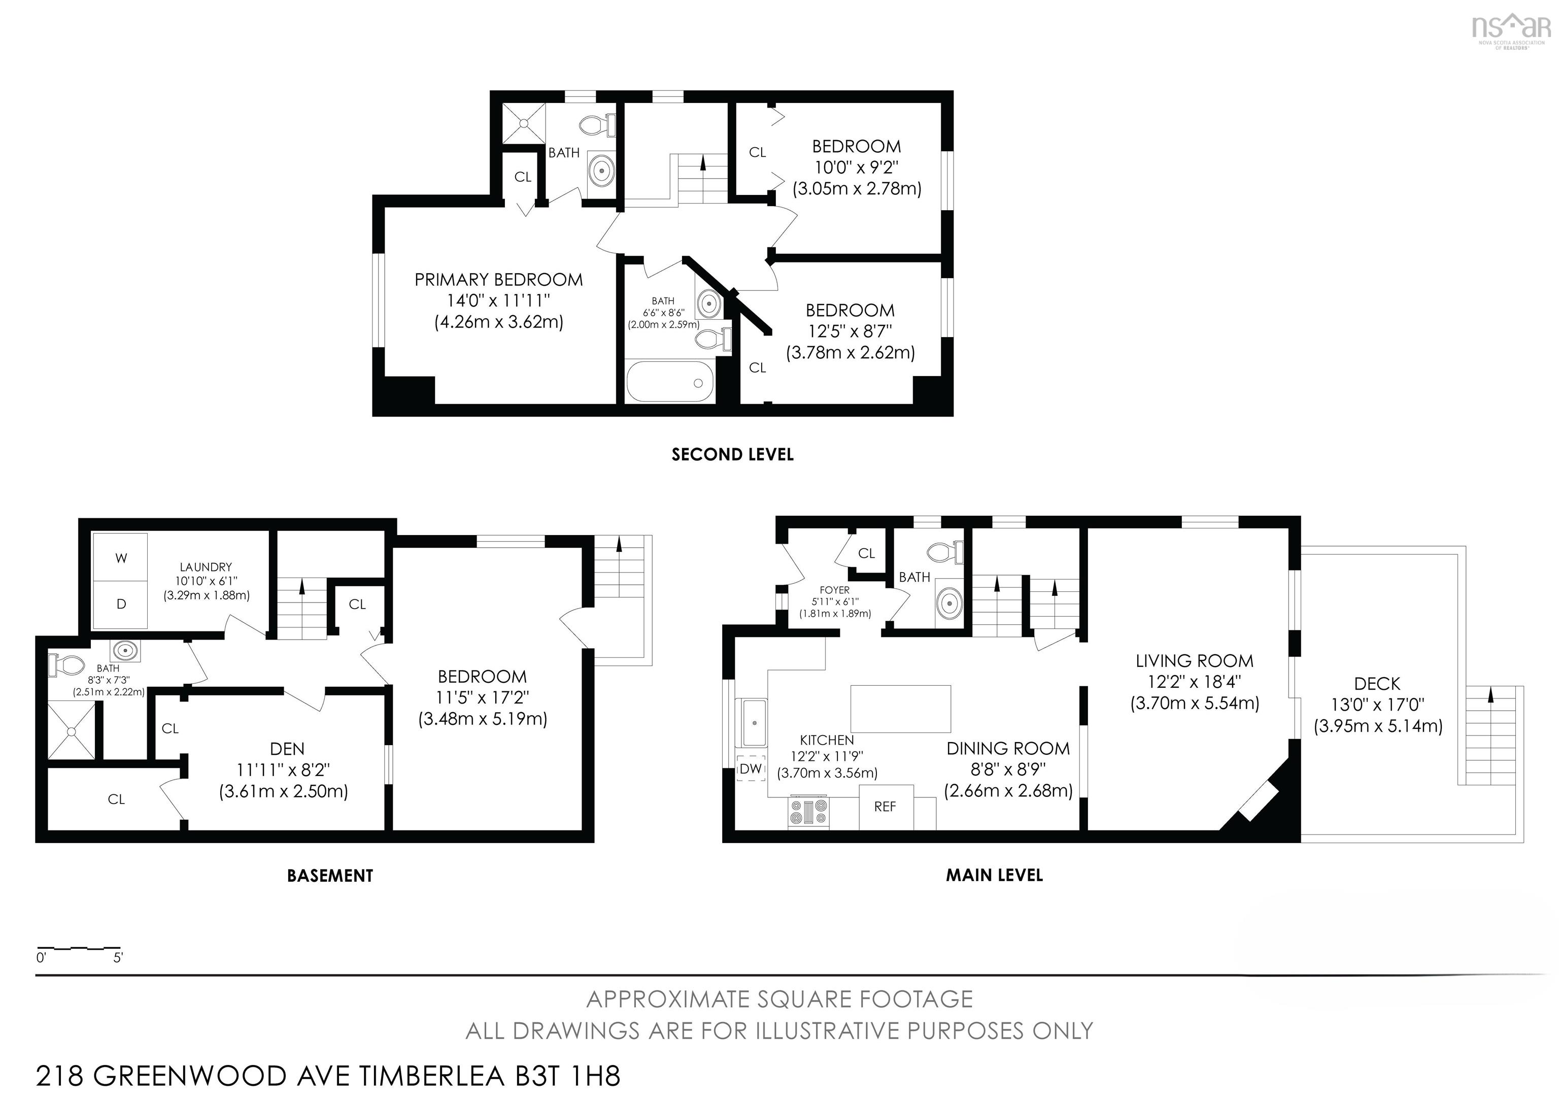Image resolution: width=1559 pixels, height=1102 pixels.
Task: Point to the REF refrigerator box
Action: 886,807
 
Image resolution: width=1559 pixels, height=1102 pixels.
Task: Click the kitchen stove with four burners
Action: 808,813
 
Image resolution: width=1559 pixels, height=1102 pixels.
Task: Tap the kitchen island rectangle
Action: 900,708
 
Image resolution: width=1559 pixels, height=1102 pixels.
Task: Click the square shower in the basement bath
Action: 71,730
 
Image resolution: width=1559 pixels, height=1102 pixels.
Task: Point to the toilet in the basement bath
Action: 65,664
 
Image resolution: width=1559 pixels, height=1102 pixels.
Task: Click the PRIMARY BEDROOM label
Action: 498,280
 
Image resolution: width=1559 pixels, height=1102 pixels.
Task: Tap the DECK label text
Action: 1377,684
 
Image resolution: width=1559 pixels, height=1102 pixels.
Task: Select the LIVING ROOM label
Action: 1195,661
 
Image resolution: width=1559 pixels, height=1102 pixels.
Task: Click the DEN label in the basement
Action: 287,749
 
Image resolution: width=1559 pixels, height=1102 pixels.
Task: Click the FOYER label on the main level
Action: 834,590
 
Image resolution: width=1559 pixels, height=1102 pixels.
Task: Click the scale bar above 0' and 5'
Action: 78,947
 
